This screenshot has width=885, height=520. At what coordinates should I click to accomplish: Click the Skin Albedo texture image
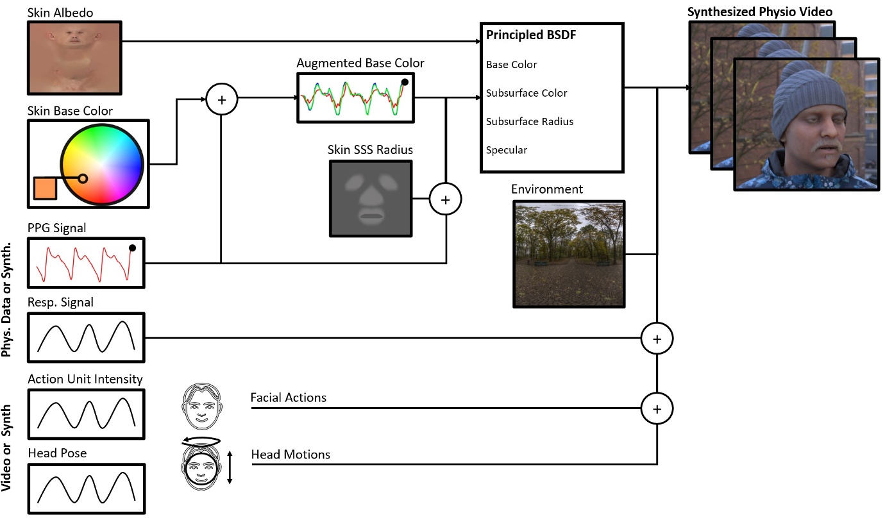coord(74,58)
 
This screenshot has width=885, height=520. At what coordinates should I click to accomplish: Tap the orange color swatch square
coord(45,188)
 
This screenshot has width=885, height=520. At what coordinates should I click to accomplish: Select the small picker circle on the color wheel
coord(83,179)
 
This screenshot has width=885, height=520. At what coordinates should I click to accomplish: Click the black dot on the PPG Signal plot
coord(132,247)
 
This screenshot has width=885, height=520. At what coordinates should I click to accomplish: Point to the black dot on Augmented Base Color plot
coord(405,82)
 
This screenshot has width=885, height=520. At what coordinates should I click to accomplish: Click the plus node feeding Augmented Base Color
coord(222,99)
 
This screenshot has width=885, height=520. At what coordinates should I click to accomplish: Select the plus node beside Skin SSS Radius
coord(445,199)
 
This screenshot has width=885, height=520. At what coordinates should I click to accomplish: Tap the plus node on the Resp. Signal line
coord(657,339)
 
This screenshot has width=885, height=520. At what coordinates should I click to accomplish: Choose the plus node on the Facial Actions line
coord(657,408)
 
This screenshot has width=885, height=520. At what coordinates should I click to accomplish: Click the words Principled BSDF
coord(531,35)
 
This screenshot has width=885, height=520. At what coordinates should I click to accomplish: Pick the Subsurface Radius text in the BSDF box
coord(530,121)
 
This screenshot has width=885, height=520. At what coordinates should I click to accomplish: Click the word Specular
coord(507,150)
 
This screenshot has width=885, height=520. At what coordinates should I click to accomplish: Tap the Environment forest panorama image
coord(569,254)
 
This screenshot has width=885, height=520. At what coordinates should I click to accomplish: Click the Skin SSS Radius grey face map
coord(371,198)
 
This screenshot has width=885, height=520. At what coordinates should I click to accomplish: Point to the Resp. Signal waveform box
coord(86,337)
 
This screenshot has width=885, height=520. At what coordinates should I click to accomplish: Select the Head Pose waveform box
coord(86,489)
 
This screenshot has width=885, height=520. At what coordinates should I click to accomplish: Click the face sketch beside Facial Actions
coord(202,407)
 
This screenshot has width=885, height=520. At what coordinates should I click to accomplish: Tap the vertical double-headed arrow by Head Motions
coord(230,467)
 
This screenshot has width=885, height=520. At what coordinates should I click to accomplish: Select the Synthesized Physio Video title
coord(760,12)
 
